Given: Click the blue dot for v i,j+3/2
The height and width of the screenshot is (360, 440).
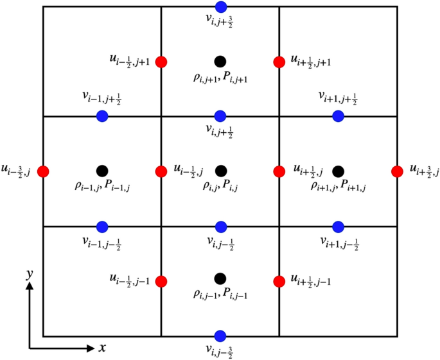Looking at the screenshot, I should (x=220, y=7).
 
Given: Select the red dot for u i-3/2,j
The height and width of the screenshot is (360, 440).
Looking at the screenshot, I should (x=43, y=171).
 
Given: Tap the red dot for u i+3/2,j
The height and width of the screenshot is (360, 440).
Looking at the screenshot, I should (x=398, y=171).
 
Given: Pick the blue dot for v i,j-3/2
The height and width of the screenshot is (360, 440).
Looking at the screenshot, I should (x=220, y=336).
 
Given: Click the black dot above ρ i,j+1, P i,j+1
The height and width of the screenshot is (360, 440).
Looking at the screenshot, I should (x=220, y=62).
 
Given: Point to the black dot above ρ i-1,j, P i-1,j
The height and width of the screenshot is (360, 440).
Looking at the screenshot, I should (x=101, y=171).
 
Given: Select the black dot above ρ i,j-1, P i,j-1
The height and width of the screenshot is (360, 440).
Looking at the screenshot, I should (x=220, y=278).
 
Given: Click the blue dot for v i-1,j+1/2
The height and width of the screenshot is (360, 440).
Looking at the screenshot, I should (x=102, y=116).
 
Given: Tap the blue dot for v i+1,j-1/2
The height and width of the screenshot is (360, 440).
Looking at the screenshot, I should (x=339, y=226).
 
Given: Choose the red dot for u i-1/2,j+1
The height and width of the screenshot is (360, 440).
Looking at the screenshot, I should (x=161, y=62).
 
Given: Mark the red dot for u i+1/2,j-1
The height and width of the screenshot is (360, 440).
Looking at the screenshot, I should (x=279, y=281).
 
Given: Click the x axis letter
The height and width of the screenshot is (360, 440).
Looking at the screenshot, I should (x=102, y=348).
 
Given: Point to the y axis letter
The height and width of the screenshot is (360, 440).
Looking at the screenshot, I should (x=29, y=273).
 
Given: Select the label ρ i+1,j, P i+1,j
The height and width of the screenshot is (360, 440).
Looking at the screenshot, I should (x=339, y=186).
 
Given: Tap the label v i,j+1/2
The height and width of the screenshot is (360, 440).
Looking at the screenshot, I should (x=220, y=132).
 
